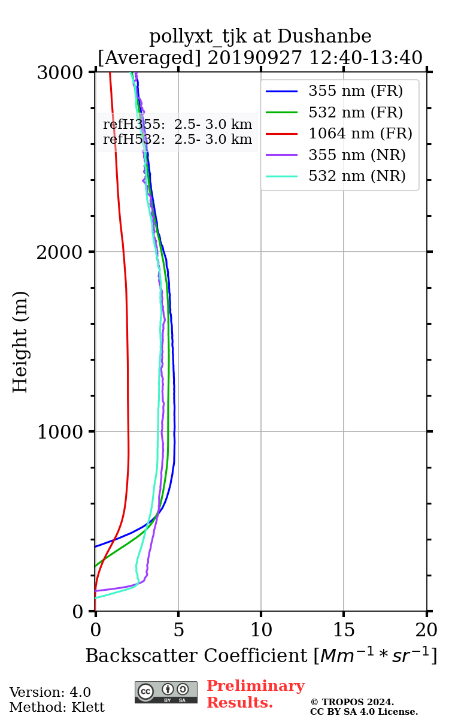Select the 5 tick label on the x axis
(x=178, y=629)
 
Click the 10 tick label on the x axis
(x=261, y=629)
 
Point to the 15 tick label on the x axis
(x=344, y=629)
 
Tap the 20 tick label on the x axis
(x=426, y=629)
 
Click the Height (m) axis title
(x=20, y=342)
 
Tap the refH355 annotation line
(x=177, y=125)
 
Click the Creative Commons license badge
(x=166, y=692)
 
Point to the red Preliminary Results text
(x=255, y=694)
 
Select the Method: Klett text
(x=57, y=707)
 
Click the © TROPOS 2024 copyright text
(x=352, y=702)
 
